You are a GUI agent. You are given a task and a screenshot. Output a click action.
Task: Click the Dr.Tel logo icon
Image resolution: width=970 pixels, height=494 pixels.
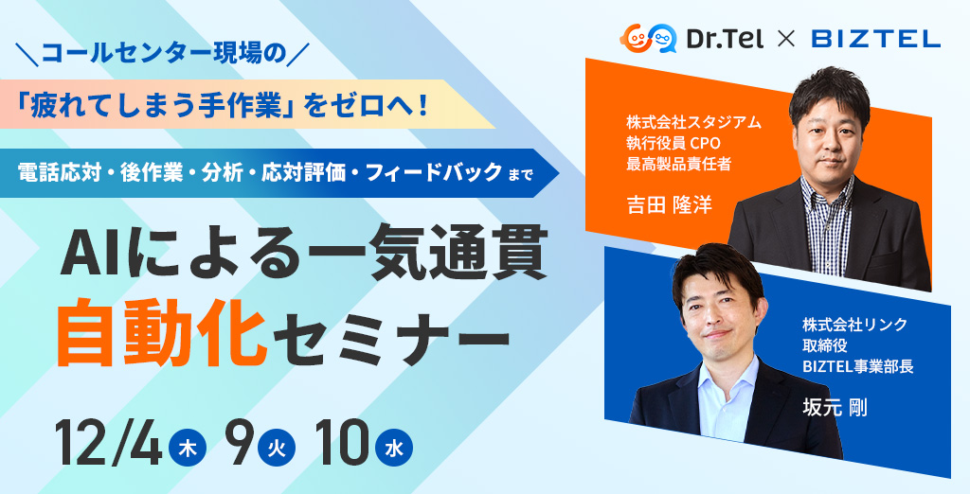[x=648, y=39]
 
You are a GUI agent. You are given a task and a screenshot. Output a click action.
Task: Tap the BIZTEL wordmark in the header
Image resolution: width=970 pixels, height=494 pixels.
[x=875, y=40]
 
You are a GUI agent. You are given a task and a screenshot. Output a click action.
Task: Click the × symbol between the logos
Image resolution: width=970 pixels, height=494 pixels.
[x=785, y=40]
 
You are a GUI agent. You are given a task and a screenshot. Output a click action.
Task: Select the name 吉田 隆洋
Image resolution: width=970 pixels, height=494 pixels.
[x=669, y=205]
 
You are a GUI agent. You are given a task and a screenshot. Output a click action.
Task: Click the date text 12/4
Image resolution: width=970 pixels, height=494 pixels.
[x=109, y=445]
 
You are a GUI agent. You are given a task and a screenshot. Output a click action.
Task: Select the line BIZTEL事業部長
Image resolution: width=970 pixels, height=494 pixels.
[x=857, y=366]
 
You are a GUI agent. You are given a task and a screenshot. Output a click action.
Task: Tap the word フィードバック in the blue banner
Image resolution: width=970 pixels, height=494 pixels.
[x=434, y=173]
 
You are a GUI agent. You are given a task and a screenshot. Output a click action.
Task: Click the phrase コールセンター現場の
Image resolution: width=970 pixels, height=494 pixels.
[x=163, y=54]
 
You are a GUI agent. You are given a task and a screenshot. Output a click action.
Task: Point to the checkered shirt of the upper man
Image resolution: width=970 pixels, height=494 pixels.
[x=827, y=222]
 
